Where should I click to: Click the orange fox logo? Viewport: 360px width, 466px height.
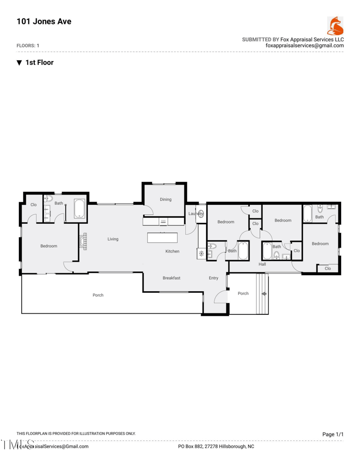pyautogui.click(x=335, y=26)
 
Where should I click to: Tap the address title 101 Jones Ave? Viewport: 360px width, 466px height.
pyautogui.click(x=44, y=21)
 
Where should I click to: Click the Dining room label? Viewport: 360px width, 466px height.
pyautogui.click(x=166, y=199)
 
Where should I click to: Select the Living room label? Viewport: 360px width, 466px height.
pyautogui.click(x=113, y=239)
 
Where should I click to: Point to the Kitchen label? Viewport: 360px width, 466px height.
pyautogui.click(x=172, y=251)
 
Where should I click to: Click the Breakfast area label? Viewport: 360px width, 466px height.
pyautogui.click(x=171, y=278)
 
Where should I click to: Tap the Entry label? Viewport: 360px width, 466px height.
pyautogui.click(x=213, y=278)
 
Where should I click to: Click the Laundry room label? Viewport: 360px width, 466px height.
pyautogui.click(x=196, y=213)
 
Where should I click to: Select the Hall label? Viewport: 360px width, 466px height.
pyautogui.click(x=262, y=264)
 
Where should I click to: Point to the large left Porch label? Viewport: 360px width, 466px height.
pyautogui.click(x=98, y=295)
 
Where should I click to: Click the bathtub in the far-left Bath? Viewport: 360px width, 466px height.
pyautogui.click(x=80, y=209)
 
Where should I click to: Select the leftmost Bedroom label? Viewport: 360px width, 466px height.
pyautogui.click(x=49, y=246)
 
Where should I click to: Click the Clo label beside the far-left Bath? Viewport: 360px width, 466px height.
pyautogui.click(x=33, y=205)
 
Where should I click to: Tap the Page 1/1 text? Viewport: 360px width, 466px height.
pyautogui.click(x=333, y=434)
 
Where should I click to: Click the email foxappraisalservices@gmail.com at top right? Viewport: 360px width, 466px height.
pyautogui.click(x=305, y=45)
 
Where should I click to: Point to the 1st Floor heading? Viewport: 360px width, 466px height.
pyautogui.click(x=40, y=63)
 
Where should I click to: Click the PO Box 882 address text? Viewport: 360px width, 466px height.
pyautogui.click(x=216, y=447)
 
